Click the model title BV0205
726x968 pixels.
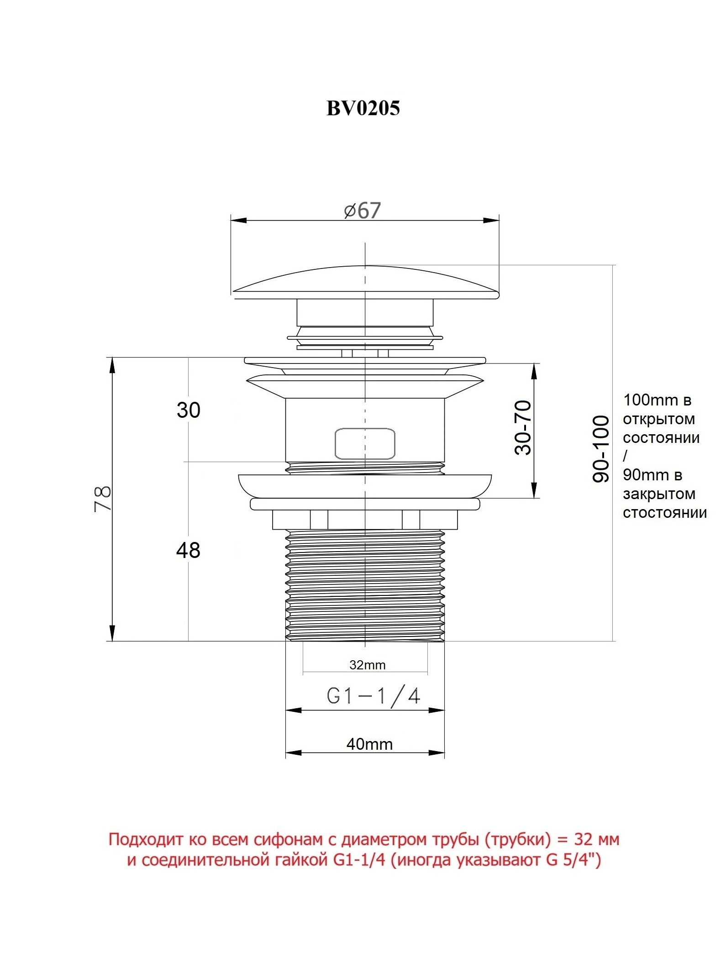click(363, 108)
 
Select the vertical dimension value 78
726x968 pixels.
click(103, 499)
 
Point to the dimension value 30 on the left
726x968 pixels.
click(189, 410)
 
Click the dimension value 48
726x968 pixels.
click(188, 550)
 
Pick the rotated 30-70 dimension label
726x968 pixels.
click(523, 427)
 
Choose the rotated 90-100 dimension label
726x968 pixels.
click(601, 449)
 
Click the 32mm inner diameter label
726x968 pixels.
click(368, 665)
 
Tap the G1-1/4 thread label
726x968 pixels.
click(374, 696)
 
